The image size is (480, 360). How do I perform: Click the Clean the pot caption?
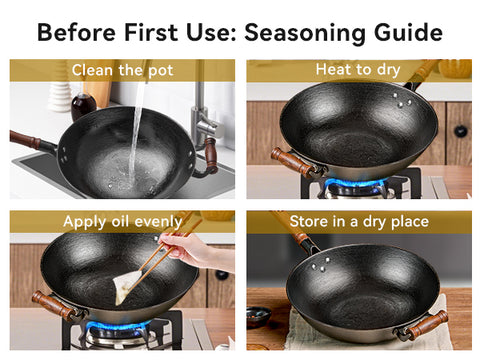[122, 70]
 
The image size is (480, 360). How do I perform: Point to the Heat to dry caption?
[357, 70]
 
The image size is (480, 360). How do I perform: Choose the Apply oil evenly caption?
[122, 221]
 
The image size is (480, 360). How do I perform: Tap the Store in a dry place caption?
[357, 221]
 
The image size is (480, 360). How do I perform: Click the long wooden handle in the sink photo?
[27, 139]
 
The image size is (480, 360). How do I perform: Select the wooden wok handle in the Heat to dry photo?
[292, 161]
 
